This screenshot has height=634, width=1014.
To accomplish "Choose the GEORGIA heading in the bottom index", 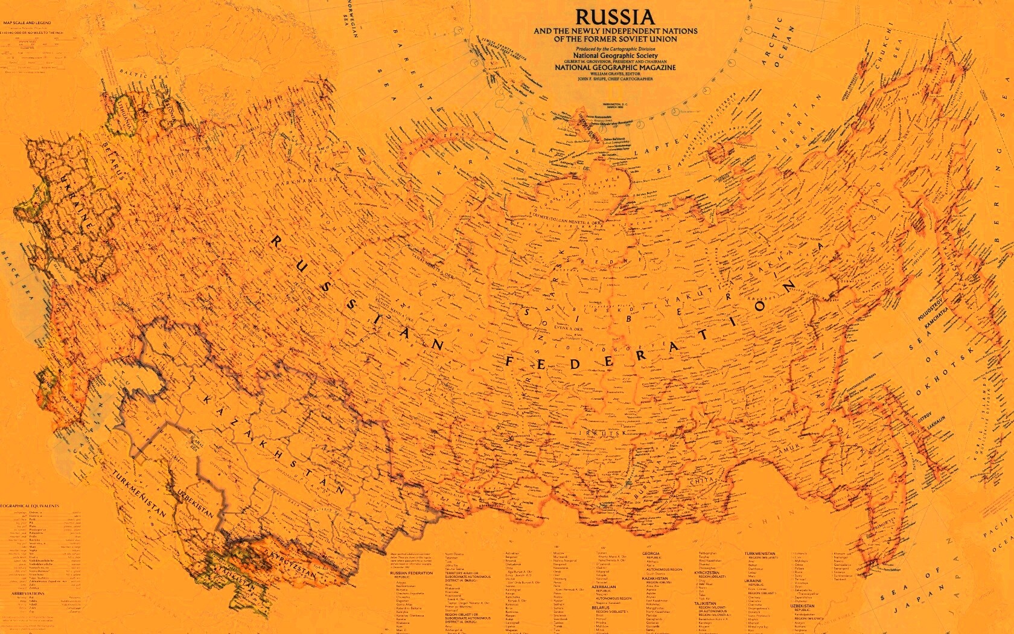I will [651, 554].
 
